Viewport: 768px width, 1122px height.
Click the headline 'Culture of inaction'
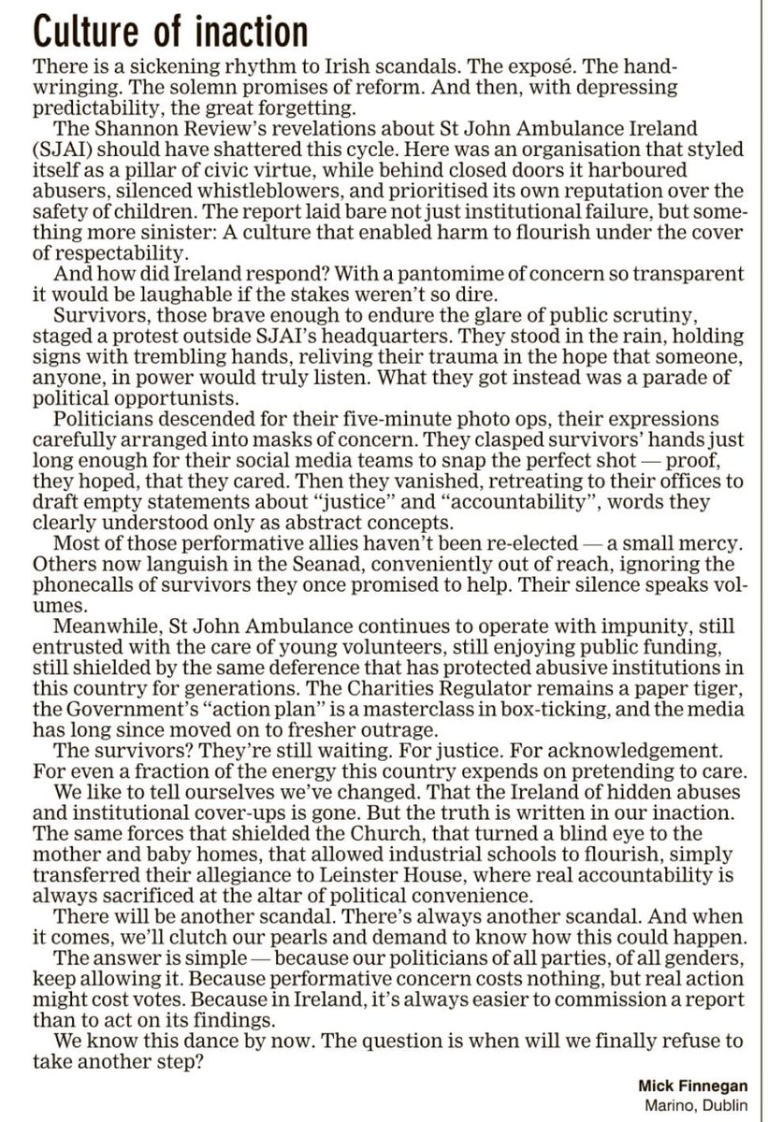(x=170, y=33)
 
